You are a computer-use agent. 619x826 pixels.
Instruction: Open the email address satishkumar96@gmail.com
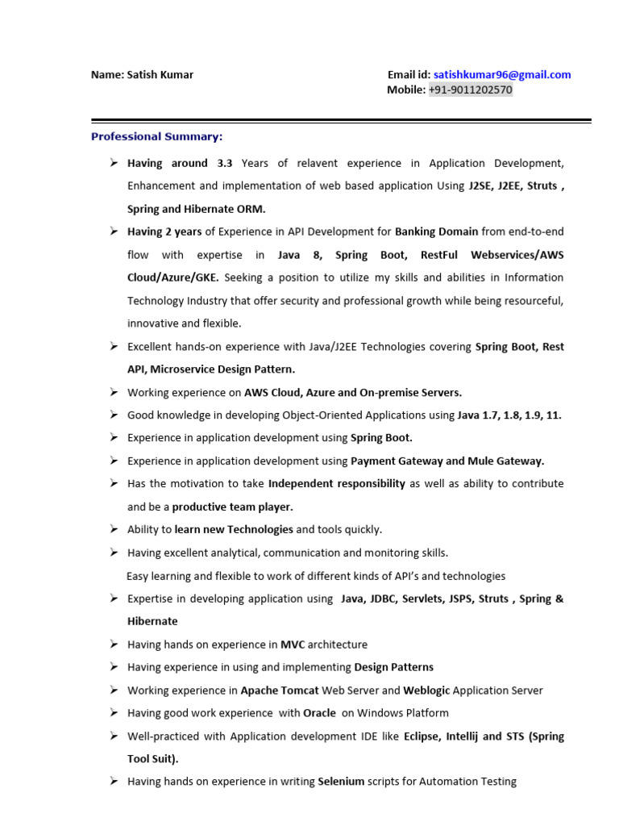pyautogui.click(x=501, y=75)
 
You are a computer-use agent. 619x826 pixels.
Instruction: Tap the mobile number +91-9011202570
pyautogui.click(x=470, y=90)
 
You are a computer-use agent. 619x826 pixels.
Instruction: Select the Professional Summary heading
pyautogui.click(x=157, y=136)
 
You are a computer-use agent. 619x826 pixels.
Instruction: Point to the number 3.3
pyautogui.click(x=224, y=163)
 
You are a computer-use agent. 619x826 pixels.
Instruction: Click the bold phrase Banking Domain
pyautogui.click(x=436, y=232)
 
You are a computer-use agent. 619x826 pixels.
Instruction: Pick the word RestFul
pyautogui.click(x=439, y=255)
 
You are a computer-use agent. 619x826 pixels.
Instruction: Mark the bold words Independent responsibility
pyautogui.click(x=336, y=484)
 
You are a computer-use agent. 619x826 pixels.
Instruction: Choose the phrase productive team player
pyautogui.click(x=232, y=507)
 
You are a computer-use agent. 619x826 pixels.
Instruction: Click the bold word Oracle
pyautogui.click(x=319, y=713)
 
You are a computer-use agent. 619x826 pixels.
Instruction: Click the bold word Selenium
pyautogui.click(x=341, y=782)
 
